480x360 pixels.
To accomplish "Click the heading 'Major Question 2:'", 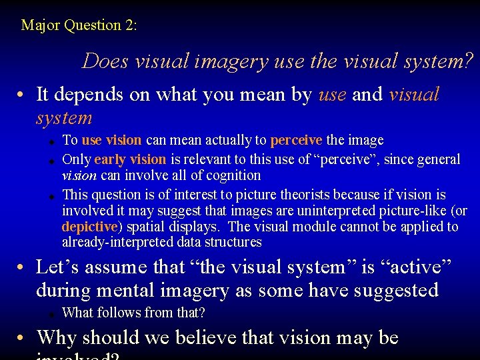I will [79, 26].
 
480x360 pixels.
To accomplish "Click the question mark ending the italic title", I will [469, 61].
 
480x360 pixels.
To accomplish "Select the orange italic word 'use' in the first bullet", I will [333, 95].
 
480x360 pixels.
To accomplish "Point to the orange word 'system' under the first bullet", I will [64, 118].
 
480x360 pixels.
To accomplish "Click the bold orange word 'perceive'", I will [296, 141].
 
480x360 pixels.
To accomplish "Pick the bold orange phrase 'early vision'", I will [130, 159].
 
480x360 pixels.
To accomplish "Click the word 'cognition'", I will [234, 175].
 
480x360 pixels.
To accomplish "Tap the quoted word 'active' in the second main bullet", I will [419, 267].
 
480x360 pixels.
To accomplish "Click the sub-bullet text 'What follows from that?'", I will [133, 313].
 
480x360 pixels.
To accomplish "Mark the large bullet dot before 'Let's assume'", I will [23, 268].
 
